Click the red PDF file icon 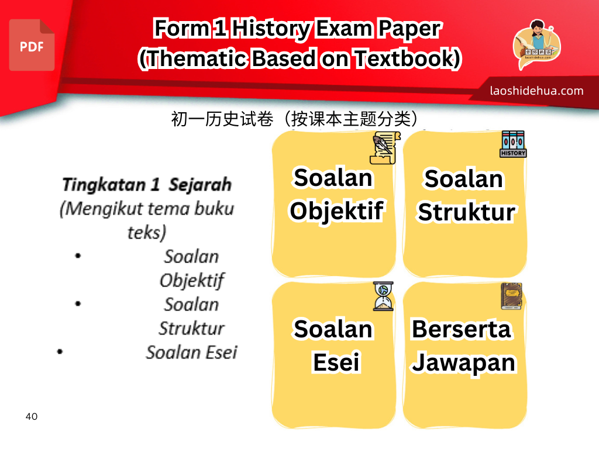click(x=32, y=45)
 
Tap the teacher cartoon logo click(x=536, y=44)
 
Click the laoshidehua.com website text click(x=536, y=91)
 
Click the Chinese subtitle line click(x=294, y=119)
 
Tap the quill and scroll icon click(x=385, y=148)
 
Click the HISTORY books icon click(x=513, y=144)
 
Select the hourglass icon click(x=383, y=296)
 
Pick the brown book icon click(x=511, y=296)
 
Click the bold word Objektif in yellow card click(x=336, y=211)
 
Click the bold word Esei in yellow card click(x=336, y=362)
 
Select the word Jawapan click(x=464, y=362)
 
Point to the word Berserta click(x=461, y=329)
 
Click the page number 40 click(x=32, y=416)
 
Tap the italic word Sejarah click(x=200, y=185)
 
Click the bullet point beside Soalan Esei click(x=60, y=351)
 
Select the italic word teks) click(x=147, y=233)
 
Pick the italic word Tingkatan click(x=104, y=185)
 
